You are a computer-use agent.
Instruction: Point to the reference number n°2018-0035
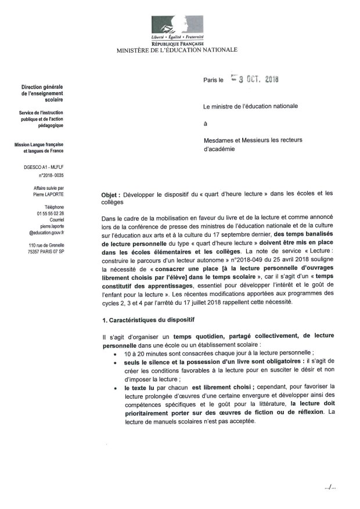point(52,174)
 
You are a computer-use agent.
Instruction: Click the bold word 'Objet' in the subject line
point(110,196)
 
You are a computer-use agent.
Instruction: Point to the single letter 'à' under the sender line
point(205,123)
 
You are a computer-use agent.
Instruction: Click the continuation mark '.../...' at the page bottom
point(330,486)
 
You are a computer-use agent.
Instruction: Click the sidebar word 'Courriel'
point(56,219)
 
